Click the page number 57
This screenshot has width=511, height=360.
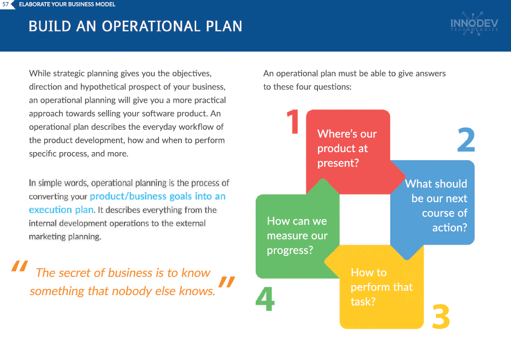coord(5,4)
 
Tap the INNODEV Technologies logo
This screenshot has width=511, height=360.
coord(474,23)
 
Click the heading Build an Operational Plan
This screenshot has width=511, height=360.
coord(135,27)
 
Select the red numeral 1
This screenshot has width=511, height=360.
coord(293,122)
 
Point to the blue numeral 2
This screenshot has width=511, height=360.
coord(466,140)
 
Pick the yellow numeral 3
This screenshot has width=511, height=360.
coord(441,316)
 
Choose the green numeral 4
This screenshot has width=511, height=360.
coord(265,299)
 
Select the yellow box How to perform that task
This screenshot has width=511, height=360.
coord(382,287)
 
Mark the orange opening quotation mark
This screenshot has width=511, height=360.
coord(19,266)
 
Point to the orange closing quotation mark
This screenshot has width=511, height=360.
coord(227,282)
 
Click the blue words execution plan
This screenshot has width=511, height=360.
coord(61,210)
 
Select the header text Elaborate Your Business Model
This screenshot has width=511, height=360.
coord(67,4)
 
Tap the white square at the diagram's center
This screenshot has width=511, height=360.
coord(365,220)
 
